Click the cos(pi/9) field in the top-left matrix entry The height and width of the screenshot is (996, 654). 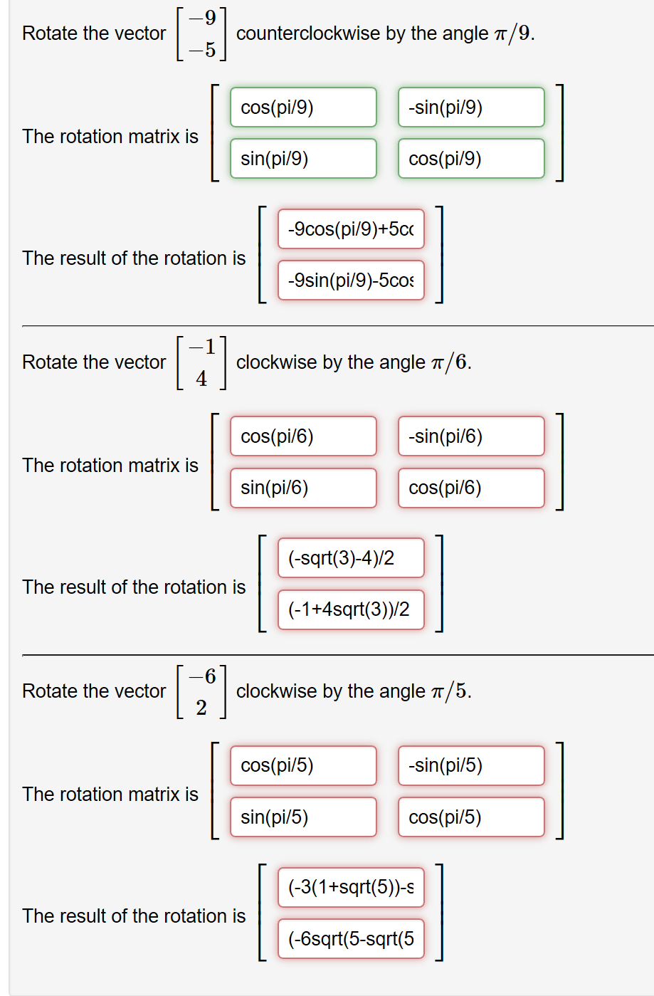tap(303, 108)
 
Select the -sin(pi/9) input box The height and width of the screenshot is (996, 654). tap(471, 108)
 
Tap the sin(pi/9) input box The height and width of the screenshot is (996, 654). tap(303, 159)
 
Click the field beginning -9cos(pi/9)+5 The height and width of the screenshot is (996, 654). tap(351, 229)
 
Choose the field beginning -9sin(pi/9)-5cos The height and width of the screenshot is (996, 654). tap(351, 281)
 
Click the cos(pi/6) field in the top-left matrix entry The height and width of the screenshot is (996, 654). tap(303, 436)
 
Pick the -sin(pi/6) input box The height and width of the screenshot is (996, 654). tap(471, 436)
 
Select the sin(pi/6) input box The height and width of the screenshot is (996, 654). tap(303, 488)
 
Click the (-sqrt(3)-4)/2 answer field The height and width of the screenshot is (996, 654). tap(351, 558)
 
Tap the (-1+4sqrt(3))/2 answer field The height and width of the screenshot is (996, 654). tap(351, 609)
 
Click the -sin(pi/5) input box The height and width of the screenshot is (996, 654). tap(471, 765)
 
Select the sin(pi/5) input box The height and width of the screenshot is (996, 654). tap(303, 817)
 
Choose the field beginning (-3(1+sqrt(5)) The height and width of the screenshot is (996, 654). tap(351, 887)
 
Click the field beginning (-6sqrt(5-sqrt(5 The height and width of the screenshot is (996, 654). tap(351, 939)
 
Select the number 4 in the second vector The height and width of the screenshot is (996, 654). tap(201, 379)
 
